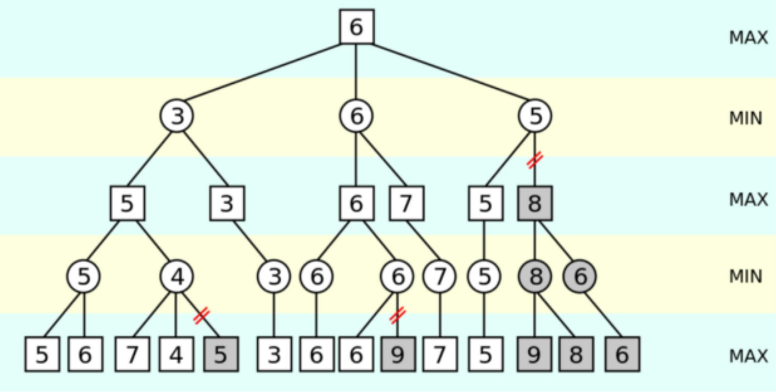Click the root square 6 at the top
(x=356, y=27)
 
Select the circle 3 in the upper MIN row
(x=177, y=116)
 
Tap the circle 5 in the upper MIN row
(x=535, y=116)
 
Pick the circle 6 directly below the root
(x=356, y=116)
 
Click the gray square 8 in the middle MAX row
(x=535, y=203)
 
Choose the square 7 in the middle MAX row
(x=407, y=203)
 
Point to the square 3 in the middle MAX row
(x=227, y=203)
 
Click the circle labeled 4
(x=177, y=276)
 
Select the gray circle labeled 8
(x=535, y=276)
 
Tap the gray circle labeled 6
(x=580, y=276)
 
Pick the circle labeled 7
(x=440, y=276)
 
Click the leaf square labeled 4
(x=176, y=354)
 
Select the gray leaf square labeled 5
(x=221, y=354)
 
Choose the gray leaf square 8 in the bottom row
(x=576, y=354)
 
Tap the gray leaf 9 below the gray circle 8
(x=534, y=354)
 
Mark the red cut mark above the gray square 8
(x=535, y=160)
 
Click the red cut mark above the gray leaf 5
(x=201, y=315)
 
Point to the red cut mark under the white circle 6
(x=397, y=315)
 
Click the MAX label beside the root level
(x=748, y=38)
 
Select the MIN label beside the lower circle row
(x=746, y=276)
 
